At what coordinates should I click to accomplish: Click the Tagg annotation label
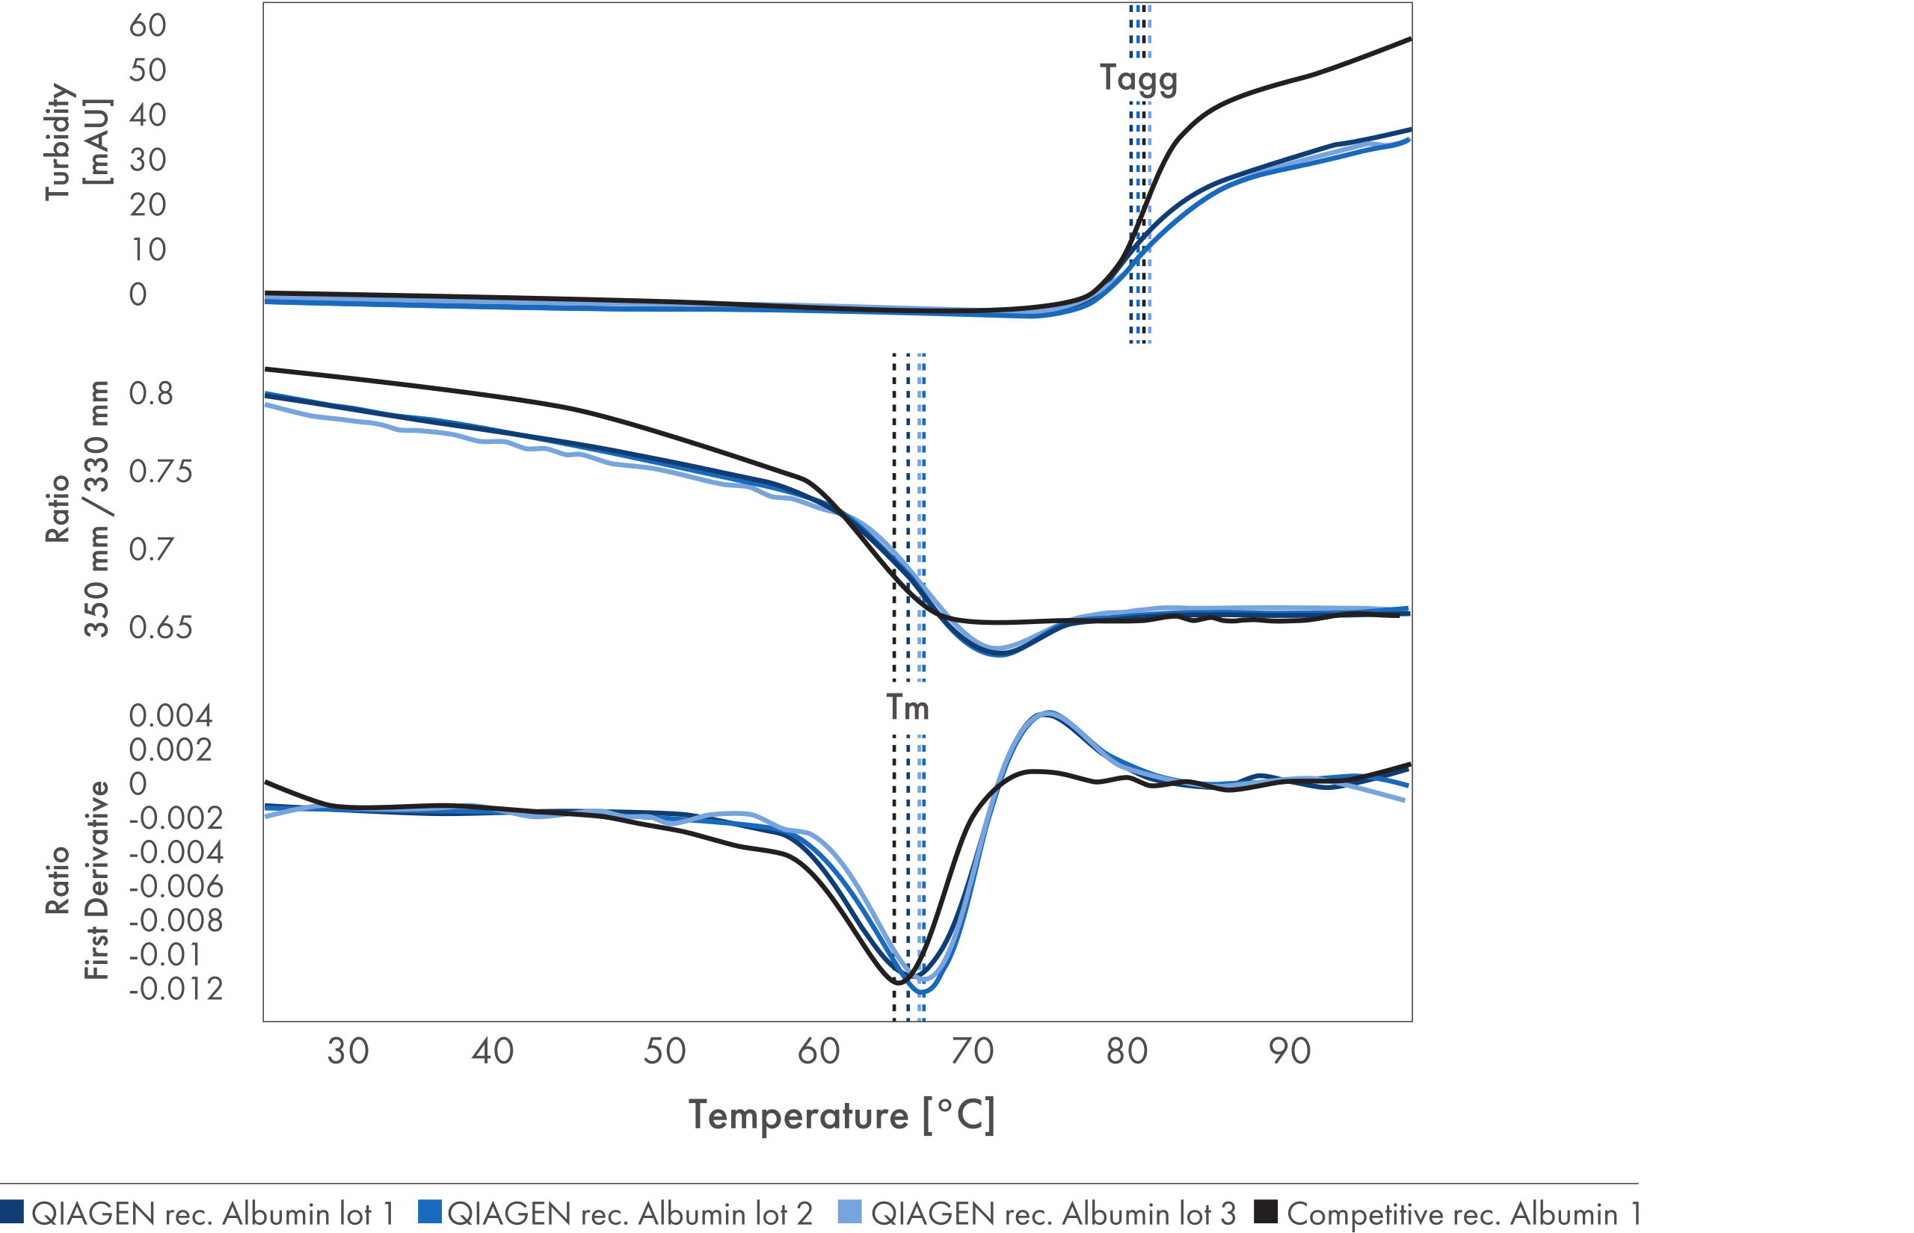(x=1138, y=79)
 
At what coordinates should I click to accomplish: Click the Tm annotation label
(x=908, y=708)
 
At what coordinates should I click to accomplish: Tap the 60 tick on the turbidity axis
(x=148, y=25)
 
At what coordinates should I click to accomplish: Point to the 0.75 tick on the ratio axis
(x=161, y=472)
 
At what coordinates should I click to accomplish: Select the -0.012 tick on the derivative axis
(x=176, y=989)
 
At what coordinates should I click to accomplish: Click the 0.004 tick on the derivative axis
(x=170, y=716)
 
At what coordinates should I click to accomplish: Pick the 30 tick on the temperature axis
(x=348, y=1051)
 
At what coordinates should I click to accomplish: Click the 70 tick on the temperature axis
(x=972, y=1051)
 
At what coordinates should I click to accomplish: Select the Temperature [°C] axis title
(x=842, y=1115)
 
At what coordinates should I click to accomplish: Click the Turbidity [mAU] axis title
(x=78, y=142)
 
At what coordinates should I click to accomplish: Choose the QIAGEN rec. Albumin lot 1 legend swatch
(x=12, y=1211)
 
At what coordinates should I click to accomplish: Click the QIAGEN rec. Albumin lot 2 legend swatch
(x=429, y=1211)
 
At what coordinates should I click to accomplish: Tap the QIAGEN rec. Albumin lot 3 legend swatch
(x=849, y=1211)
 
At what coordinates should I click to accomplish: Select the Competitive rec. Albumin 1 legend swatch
(x=1265, y=1211)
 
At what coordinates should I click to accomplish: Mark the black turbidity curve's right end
(x=1409, y=38)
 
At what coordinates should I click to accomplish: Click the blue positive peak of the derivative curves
(x=1045, y=714)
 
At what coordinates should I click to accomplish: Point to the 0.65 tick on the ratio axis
(x=161, y=628)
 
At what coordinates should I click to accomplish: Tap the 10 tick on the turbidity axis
(x=148, y=250)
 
